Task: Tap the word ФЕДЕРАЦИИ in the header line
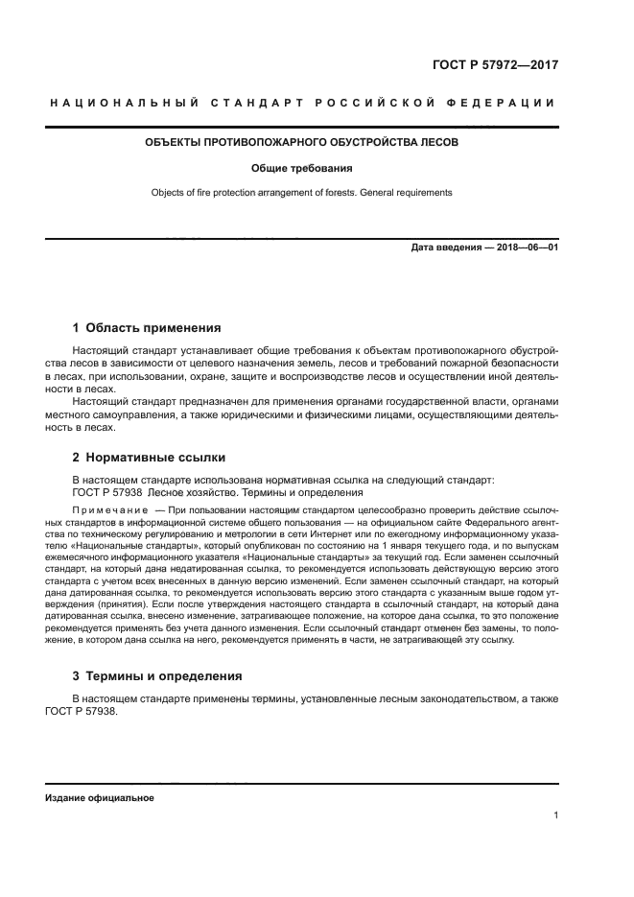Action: click(x=504, y=103)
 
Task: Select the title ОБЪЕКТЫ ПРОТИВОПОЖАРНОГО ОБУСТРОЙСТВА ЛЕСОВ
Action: click(x=301, y=143)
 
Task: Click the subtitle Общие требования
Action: click(x=301, y=168)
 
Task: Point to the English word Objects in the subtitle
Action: click(x=169, y=192)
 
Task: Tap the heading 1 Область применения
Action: click(x=147, y=327)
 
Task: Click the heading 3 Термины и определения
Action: click(x=157, y=674)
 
